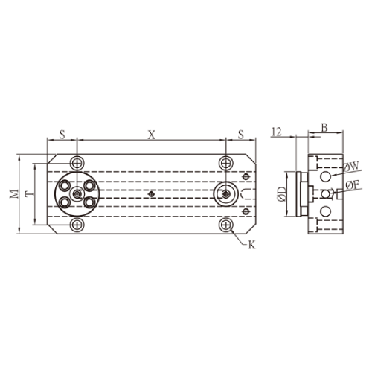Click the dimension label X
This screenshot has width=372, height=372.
(152, 135)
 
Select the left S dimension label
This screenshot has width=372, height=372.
(62, 135)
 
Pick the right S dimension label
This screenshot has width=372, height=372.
(241, 135)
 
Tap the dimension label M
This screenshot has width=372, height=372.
(14, 193)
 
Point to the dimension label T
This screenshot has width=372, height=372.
(31, 193)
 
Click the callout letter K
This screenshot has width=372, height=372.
(251, 246)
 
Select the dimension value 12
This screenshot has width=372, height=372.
(277, 132)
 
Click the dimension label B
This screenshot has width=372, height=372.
(324, 128)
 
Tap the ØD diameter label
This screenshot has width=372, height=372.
(282, 194)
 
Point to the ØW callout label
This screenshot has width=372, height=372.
(352, 167)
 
